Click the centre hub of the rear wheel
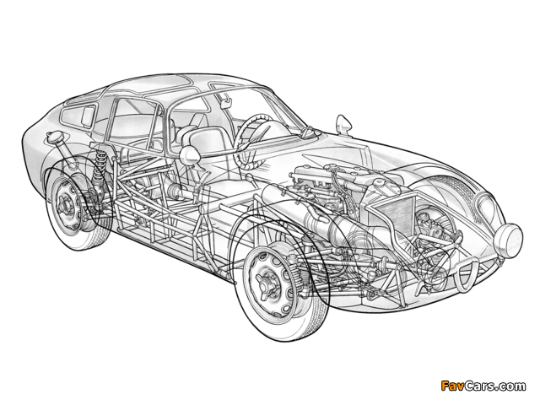pyautogui.click(x=64, y=205)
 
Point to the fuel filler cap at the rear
pyautogui.click(x=54, y=138)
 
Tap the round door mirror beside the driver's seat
pyautogui.click(x=189, y=155)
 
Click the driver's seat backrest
pyautogui.click(x=206, y=142)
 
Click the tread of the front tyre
pyautogui.click(x=310, y=321)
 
